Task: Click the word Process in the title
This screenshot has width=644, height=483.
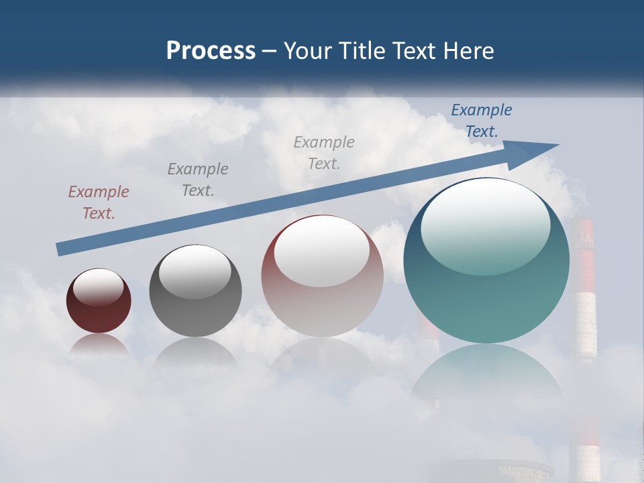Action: tap(211, 51)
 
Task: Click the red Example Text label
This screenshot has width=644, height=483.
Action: tap(98, 203)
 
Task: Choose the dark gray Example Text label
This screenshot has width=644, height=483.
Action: tap(198, 180)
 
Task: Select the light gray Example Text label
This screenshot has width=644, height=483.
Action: tap(324, 153)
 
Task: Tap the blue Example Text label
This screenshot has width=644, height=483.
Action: tap(482, 121)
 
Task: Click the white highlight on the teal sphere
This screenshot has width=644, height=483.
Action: tap(485, 227)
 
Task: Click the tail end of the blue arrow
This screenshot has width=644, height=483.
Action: tap(62, 249)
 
